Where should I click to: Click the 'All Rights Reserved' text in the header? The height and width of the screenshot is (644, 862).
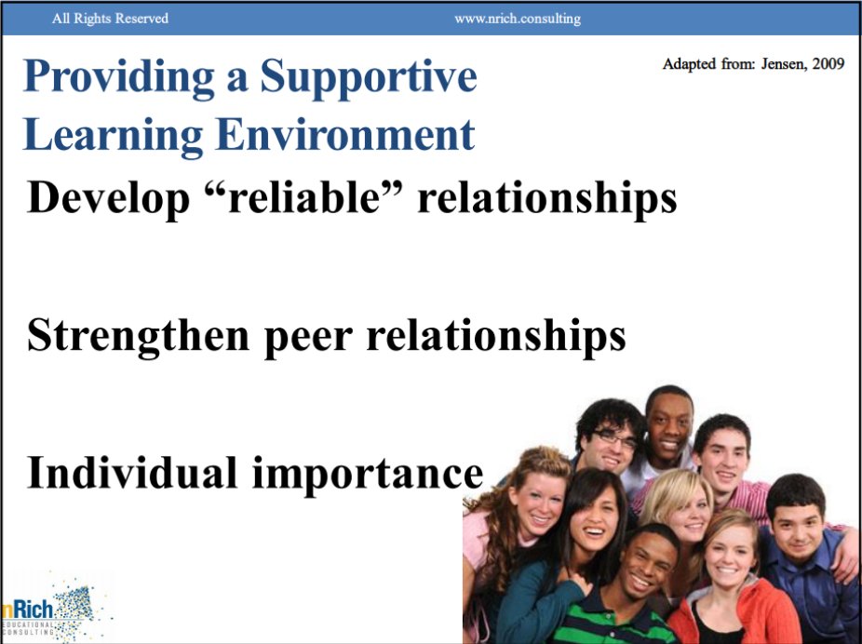(x=110, y=19)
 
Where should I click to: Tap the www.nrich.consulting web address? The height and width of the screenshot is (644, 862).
(x=517, y=19)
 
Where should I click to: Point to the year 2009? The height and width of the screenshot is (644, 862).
(x=827, y=64)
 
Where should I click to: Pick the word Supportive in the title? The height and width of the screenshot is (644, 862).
(x=369, y=78)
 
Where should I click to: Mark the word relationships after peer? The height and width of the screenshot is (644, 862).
(x=495, y=337)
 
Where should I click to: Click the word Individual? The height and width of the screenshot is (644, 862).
(x=132, y=472)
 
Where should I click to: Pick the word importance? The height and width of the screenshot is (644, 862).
(x=369, y=474)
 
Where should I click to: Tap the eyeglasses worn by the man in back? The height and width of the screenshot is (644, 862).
(x=616, y=437)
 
